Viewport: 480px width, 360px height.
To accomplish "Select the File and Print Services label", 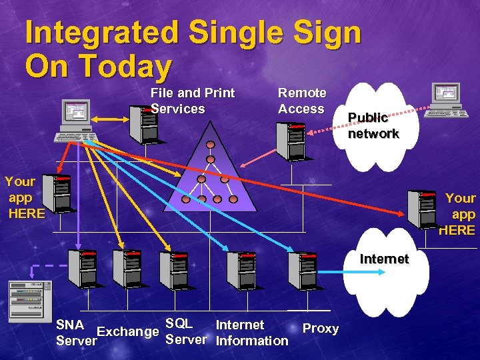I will coord(193,101).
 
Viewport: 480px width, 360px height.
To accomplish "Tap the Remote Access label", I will coord(302,101).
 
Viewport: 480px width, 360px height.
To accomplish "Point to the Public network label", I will coord(373,125).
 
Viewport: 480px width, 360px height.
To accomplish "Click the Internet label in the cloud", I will coord(384,259).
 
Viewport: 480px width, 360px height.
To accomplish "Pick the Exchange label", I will coord(128,331).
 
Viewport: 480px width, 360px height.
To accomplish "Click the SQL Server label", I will coord(185,332).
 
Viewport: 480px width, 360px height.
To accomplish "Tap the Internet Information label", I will coord(251,333).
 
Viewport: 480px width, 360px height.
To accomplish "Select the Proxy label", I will coord(321,328).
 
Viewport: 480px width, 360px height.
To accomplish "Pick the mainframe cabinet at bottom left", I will coord(30,301).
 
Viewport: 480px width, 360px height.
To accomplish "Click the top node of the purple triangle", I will coord(211,145).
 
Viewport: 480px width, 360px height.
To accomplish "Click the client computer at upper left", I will coord(75,120).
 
